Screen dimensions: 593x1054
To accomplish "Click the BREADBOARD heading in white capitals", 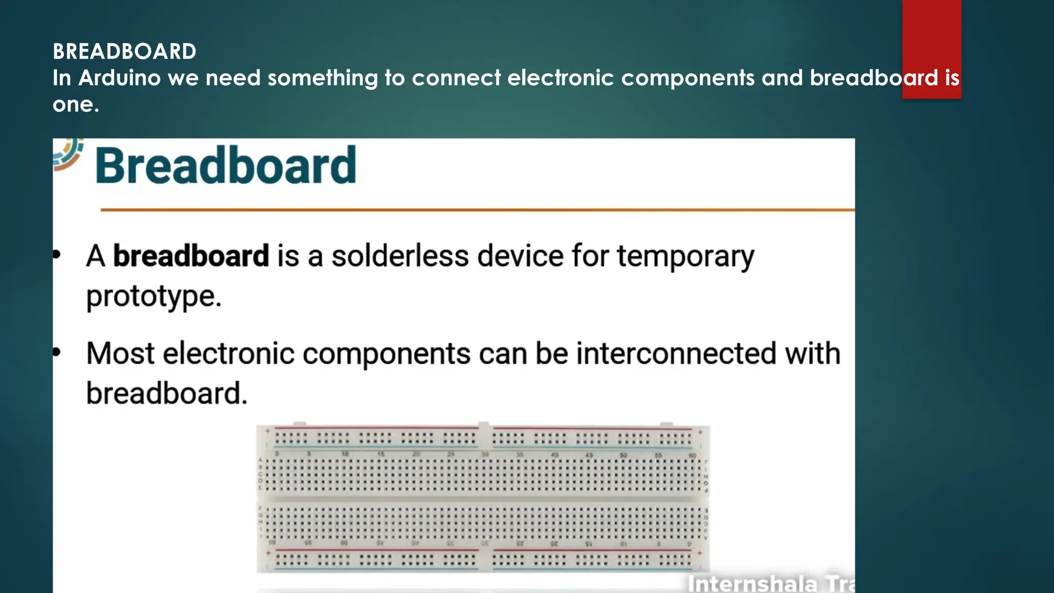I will (x=125, y=51).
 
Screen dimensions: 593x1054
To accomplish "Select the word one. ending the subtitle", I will (x=76, y=104).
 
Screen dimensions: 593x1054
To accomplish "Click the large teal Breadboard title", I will (x=225, y=165).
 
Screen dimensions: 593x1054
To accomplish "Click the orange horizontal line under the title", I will (x=478, y=210).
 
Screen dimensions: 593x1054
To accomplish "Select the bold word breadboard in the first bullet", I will (x=191, y=256).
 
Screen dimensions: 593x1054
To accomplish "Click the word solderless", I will (x=400, y=256).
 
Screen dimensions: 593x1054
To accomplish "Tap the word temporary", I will (x=686, y=256).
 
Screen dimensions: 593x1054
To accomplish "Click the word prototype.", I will (x=153, y=296).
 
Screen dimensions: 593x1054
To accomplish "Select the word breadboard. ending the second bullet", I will (x=167, y=394).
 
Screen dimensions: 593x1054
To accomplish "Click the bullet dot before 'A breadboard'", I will (x=57, y=254).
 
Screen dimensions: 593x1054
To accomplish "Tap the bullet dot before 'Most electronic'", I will (x=57, y=352).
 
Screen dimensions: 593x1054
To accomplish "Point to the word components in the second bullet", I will (x=387, y=354).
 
